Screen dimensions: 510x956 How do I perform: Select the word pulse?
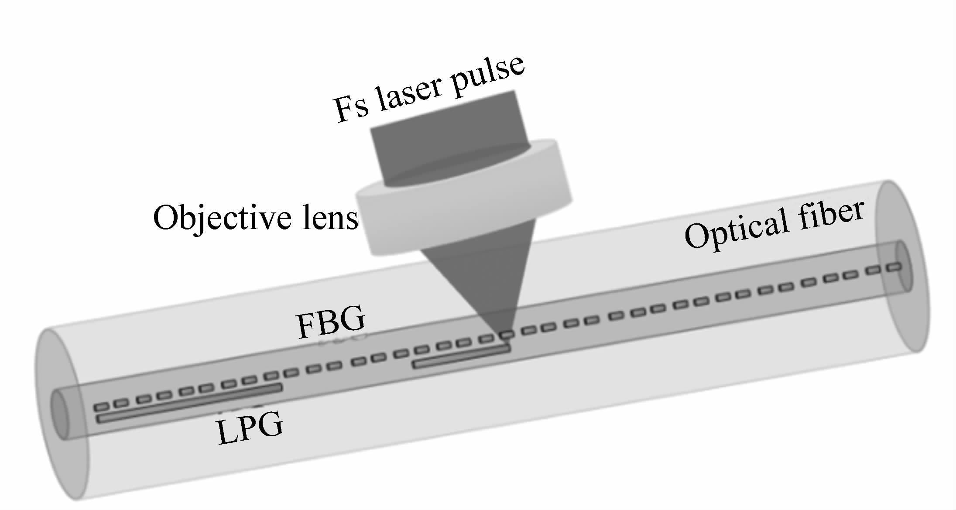click(487, 72)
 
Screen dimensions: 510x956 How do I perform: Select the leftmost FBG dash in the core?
click(102, 407)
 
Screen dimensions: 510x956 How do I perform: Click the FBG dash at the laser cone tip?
click(506, 335)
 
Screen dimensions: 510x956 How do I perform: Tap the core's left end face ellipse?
click(60, 414)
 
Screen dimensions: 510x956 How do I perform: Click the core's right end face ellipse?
click(902, 266)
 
